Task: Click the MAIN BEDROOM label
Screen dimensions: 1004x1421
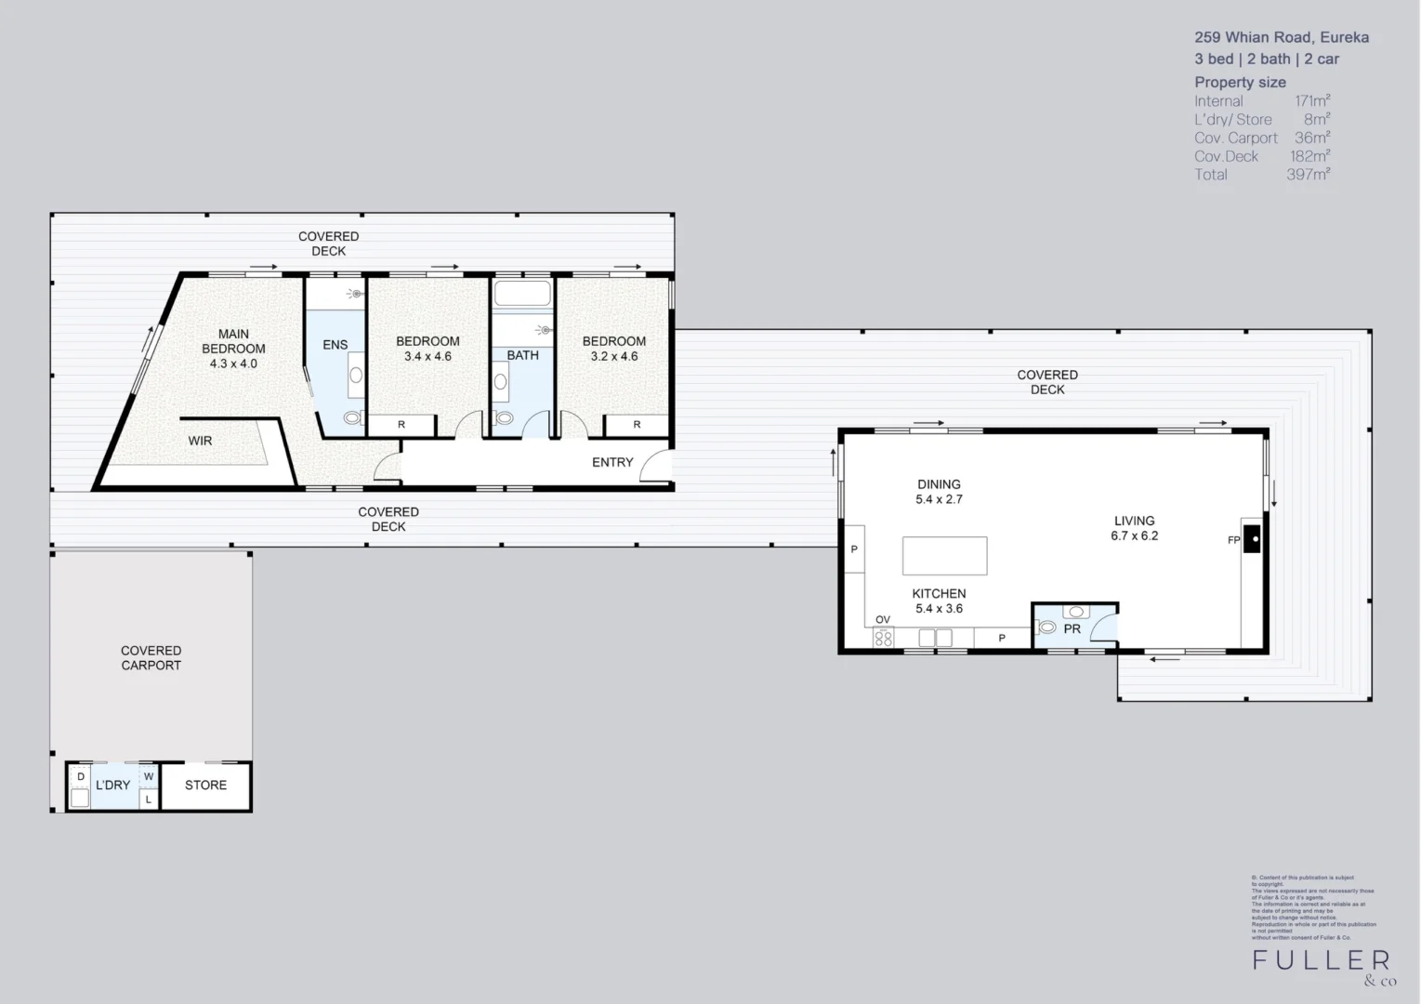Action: tap(233, 349)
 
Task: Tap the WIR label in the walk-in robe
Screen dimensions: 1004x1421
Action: tap(200, 441)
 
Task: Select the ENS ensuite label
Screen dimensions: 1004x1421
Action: tap(335, 345)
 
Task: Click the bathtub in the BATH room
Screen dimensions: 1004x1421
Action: tap(522, 295)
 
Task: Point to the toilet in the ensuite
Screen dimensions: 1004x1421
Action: tap(353, 419)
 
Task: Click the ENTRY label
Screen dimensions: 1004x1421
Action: tap(612, 462)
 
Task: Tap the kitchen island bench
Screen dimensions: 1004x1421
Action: tap(944, 556)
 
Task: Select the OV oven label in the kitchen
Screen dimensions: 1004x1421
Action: tap(883, 620)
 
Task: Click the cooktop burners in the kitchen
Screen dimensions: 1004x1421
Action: tap(883, 639)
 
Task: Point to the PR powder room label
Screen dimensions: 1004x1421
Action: tap(1072, 629)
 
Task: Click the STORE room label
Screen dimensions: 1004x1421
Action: tap(205, 786)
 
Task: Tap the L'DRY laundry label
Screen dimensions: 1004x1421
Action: tap(112, 786)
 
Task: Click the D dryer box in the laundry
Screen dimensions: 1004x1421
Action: tap(81, 776)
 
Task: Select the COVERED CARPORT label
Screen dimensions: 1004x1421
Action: tap(151, 658)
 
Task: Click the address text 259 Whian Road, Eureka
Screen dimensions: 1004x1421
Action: tap(1281, 38)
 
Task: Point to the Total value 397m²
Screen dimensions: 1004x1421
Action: tap(1308, 175)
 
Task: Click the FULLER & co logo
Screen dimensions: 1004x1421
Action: tap(1322, 965)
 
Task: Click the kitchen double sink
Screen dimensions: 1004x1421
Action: tap(935, 638)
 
